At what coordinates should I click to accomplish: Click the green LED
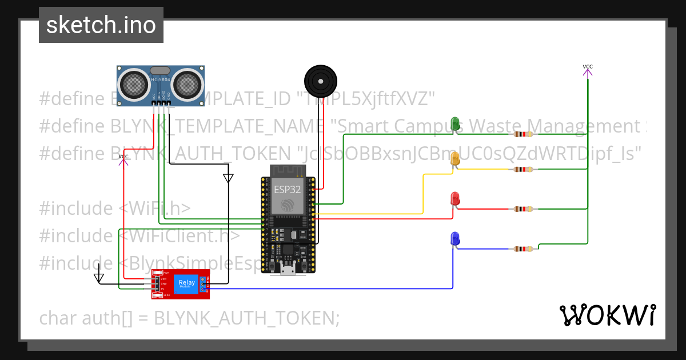coord(456,123)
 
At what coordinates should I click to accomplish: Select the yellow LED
coord(456,159)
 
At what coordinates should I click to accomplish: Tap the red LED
coord(456,199)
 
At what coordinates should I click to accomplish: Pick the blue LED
coord(455,238)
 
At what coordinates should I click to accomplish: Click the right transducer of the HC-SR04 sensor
coord(187,84)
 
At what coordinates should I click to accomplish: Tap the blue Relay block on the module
coord(186,283)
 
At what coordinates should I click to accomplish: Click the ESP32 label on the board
coord(287,189)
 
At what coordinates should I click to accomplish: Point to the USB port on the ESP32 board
coord(288,269)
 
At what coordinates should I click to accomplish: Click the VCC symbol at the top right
coord(588,70)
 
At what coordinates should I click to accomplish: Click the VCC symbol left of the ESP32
coord(123,159)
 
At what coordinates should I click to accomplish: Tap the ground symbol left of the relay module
coord(99,277)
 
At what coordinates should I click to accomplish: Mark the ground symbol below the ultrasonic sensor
coord(228,178)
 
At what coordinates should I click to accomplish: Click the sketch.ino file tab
coord(101,25)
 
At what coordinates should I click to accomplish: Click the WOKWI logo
coord(607,315)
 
